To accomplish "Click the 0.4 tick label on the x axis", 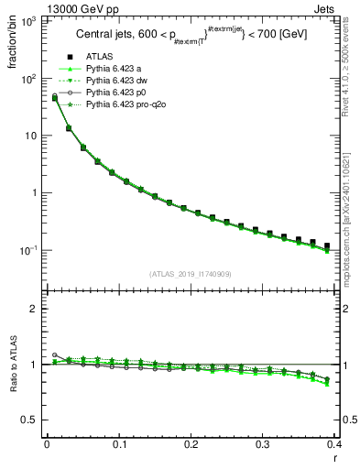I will pyautogui.click(x=334, y=446).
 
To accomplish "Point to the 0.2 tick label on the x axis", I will pyautogui.click(x=191, y=446).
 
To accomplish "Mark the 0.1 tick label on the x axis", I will pyautogui.click(x=118, y=446).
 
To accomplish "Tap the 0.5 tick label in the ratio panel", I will pyautogui.click(x=32, y=420).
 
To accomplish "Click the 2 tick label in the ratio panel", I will pyautogui.click(x=38, y=309).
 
